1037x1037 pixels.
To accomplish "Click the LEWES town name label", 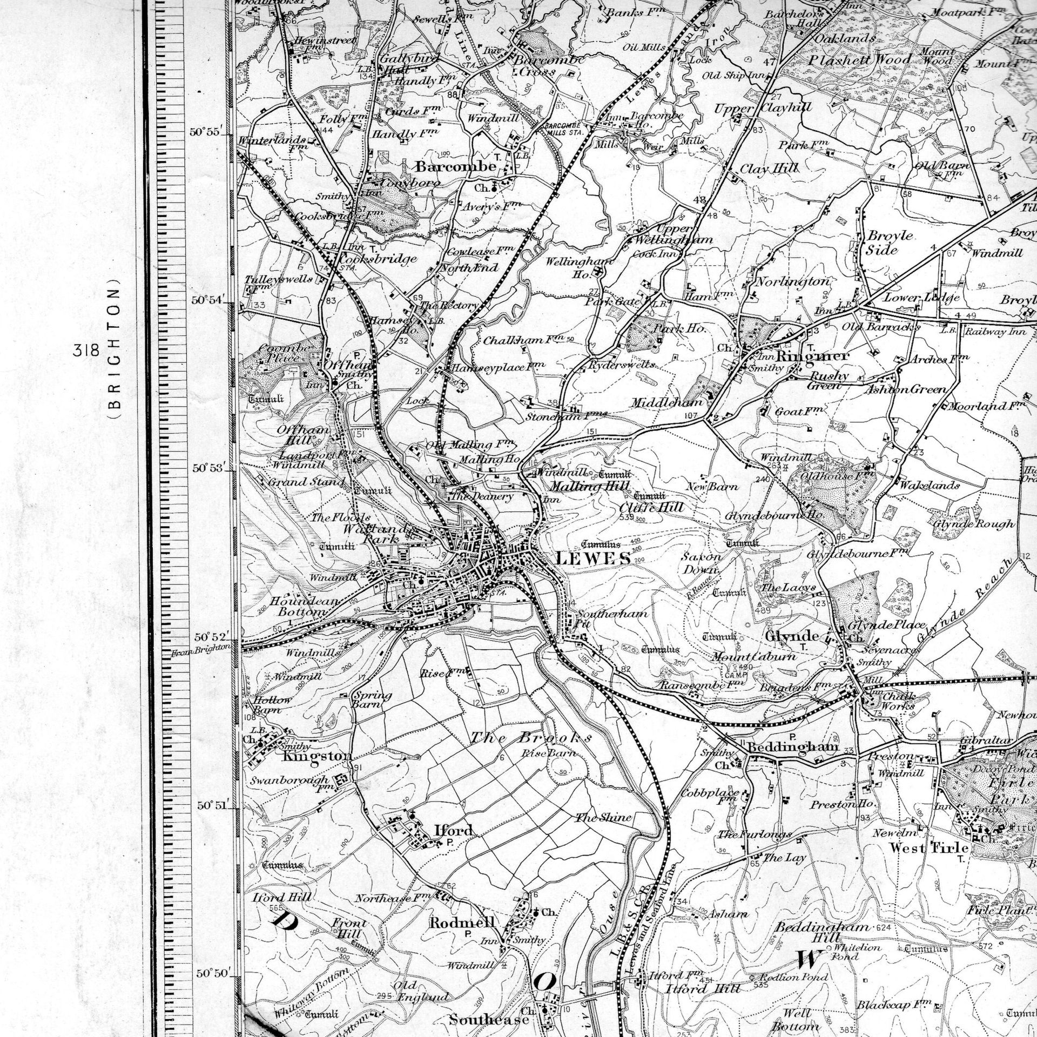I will click(592, 558).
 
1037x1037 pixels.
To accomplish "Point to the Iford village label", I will click(454, 830).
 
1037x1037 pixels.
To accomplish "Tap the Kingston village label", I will click(317, 756).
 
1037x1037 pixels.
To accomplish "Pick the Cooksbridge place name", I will click(378, 259).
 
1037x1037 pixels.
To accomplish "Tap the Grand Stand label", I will click(306, 482).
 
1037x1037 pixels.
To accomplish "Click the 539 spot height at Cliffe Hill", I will click(627, 517).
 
